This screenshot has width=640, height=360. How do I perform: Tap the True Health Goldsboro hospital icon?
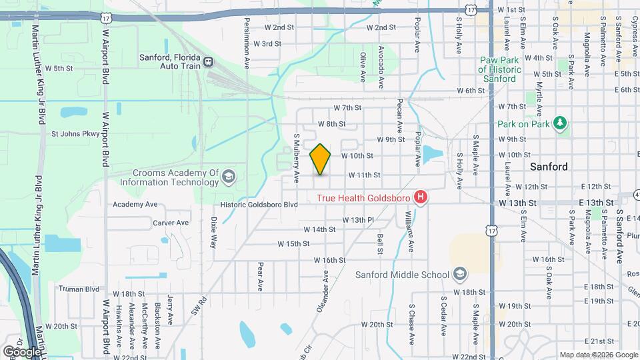[421, 197]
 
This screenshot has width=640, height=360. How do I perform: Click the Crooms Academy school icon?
[229, 177]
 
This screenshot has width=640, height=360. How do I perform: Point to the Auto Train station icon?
[209, 62]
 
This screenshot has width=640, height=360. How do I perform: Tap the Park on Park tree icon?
[561, 124]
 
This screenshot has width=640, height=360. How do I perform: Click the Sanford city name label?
[549, 167]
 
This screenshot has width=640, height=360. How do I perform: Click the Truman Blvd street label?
[79, 289]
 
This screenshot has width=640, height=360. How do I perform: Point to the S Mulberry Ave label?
[297, 159]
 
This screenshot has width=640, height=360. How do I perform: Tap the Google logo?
[22, 351]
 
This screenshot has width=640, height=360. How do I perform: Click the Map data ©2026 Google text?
[598, 355]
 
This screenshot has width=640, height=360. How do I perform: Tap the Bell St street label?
[379, 244]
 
